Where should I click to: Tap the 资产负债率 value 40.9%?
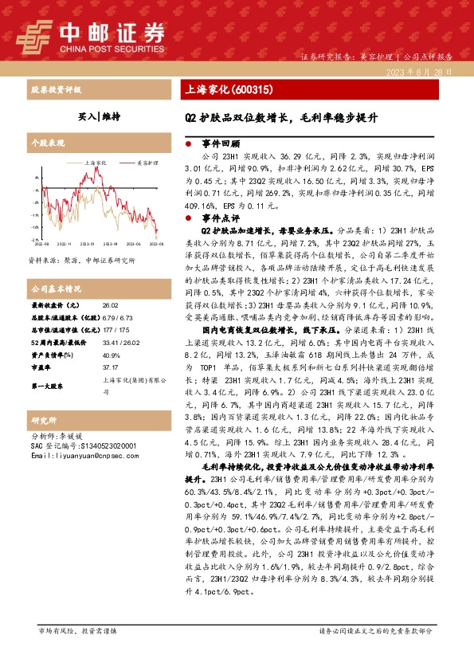[112, 355]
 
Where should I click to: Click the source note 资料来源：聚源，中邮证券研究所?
[81, 260]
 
